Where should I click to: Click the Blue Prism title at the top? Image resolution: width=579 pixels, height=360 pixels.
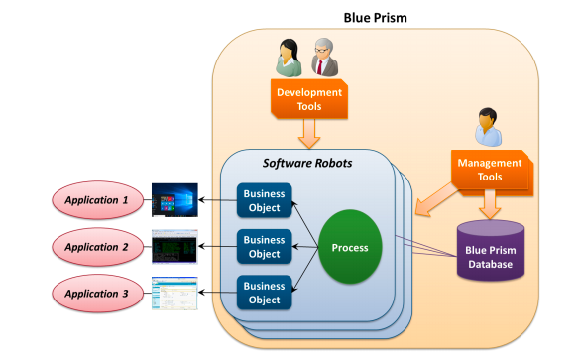[375, 18]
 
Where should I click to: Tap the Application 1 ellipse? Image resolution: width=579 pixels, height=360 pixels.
[97, 200]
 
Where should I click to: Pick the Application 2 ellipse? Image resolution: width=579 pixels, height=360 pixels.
[97, 246]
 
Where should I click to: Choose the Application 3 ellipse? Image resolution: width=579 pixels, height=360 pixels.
[97, 293]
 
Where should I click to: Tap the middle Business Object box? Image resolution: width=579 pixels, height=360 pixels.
[264, 247]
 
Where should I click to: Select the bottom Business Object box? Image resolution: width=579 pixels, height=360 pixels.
[264, 294]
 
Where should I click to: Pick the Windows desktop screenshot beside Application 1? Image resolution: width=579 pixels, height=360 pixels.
[174, 200]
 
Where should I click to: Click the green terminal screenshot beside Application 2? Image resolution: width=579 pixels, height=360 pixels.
[174, 246]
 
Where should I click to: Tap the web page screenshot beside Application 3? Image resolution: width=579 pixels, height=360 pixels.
[174, 293]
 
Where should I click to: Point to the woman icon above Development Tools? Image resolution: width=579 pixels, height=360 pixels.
[288, 58]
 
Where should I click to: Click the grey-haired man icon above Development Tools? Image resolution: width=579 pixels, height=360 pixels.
[323, 59]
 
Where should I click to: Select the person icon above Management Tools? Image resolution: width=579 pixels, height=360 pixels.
[488, 127]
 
